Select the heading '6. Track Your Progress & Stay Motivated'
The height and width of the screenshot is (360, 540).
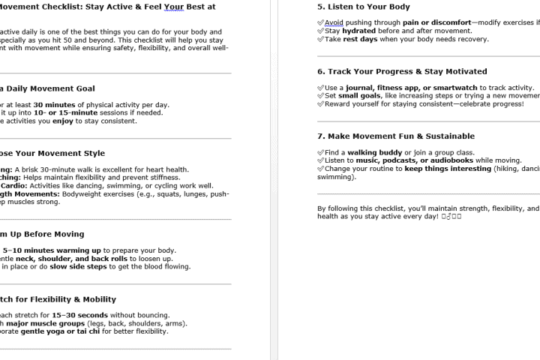401,71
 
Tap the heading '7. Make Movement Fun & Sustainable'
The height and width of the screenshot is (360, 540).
395,136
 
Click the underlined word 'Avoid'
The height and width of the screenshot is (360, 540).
334,22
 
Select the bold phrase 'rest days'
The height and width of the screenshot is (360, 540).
359,39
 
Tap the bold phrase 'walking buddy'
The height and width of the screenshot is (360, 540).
374,152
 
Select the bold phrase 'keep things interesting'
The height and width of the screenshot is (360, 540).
448,169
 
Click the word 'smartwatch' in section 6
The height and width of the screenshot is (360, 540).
450,88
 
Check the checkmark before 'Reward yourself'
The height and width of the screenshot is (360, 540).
321,104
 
